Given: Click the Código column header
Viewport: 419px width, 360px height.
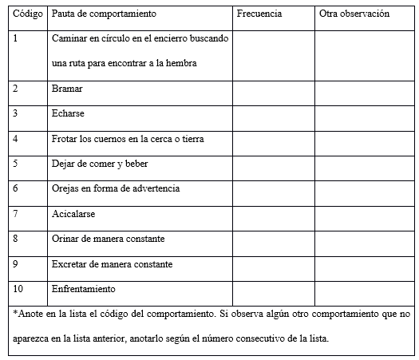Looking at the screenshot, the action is click(29, 14).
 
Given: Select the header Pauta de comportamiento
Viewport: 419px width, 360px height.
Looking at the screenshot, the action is click(103, 14).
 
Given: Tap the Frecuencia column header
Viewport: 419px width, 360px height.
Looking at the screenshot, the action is click(259, 14).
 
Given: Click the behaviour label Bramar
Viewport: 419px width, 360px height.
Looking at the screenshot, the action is click(67, 89).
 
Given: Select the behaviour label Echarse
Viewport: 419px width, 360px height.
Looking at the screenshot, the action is click(68, 113).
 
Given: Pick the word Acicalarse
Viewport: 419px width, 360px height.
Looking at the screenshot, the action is click(73, 213).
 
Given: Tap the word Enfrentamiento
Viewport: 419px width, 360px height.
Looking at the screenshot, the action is click(84, 288).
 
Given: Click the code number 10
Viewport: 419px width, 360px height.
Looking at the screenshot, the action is click(18, 288).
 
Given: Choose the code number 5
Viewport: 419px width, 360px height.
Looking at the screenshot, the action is click(16, 164).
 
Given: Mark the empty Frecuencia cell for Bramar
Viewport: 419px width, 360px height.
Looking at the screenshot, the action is click(273, 89).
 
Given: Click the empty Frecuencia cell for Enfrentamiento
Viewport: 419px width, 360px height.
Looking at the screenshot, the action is click(273, 288).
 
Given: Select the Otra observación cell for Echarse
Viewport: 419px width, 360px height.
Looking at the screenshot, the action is click(363, 113).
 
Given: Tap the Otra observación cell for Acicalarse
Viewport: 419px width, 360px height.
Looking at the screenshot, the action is click(363, 213).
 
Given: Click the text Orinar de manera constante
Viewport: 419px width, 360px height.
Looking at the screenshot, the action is click(108, 239).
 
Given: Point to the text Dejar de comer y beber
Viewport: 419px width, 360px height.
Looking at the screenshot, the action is click(100, 164).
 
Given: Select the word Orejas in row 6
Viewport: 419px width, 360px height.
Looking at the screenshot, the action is click(65, 188).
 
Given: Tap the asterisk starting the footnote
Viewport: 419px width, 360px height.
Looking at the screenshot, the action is click(16, 314).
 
